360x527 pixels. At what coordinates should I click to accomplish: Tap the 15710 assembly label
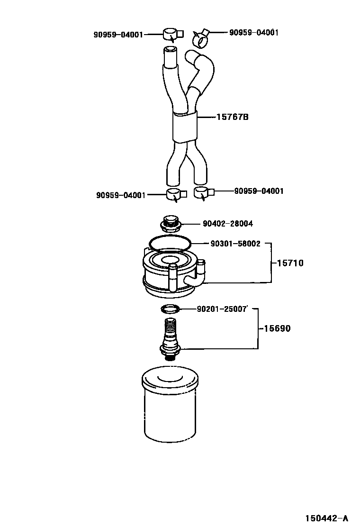coord(287,263)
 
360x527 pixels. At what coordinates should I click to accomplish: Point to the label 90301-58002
coord(235,244)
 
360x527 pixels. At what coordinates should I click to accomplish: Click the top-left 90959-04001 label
coord(118,35)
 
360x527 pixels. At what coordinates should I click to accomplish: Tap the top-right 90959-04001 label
coord(254,33)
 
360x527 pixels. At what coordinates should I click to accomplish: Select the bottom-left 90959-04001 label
coord(121,195)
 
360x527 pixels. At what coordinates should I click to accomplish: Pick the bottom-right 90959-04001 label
coord(259,191)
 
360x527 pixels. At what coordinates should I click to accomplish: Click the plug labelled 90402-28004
coord(171,223)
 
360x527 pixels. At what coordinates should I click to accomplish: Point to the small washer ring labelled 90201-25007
coord(170,309)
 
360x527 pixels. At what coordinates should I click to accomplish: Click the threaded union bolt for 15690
coord(171,337)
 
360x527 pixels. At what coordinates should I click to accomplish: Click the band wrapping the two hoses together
coord(184,127)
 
